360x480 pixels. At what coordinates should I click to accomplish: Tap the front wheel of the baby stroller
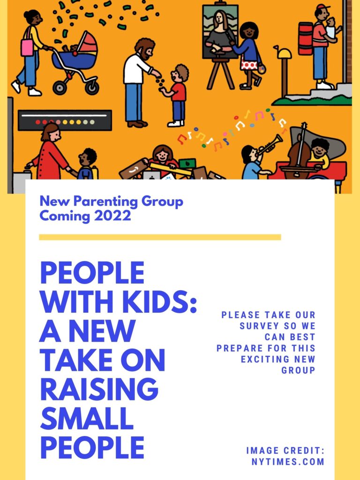pyautogui.click(x=60, y=87)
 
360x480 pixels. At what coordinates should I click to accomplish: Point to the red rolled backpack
pyautogui.click(x=306, y=38)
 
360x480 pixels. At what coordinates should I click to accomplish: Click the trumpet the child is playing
pyautogui.click(x=270, y=144)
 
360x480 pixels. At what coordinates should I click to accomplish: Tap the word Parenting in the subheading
pyautogui.click(x=106, y=202)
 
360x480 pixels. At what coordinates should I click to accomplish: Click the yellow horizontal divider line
pyautogui.click(x=160, y=237)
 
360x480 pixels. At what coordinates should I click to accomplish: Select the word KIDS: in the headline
pyautogui.click(x=159, y=302)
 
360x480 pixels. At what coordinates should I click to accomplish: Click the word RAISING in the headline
pyautogui.click(x=99, y=389)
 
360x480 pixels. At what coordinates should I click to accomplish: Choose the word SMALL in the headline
pyautogui.click(x=87, y=418)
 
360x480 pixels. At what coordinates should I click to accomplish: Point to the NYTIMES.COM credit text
pyautogui.click(x=288, y=462)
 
